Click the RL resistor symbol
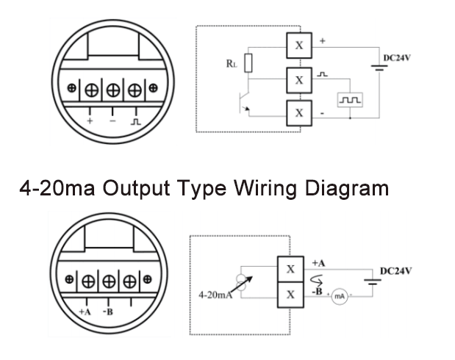click(x=248, y=64)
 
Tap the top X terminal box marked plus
click(x=298, y=45)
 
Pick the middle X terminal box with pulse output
click(x=298, y=79)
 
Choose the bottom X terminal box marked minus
click(x=298, y=113)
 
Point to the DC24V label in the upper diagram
click(x=396, y=57)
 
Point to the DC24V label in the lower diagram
click(x=396, y=270)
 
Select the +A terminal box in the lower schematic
click(x=290, y=268)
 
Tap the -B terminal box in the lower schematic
click(x=290, y=295)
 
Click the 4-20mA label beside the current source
click(x=216, y=295)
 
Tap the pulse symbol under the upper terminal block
click(x=135, y=120)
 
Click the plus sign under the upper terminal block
click(x=90, y=120)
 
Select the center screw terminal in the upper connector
click(x=113, y=90)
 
